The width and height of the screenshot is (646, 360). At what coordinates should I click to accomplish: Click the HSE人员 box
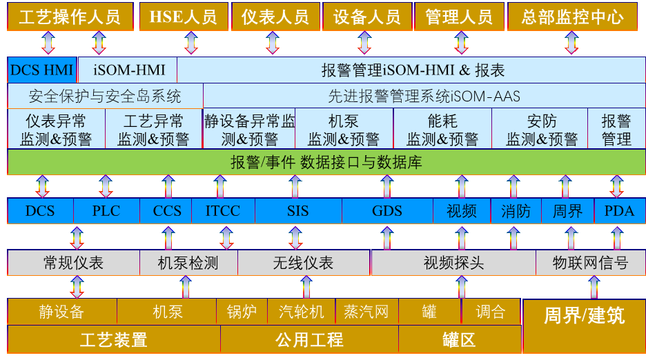click(x=183, y=17)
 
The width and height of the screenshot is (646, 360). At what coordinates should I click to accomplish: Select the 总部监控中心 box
click(x=572, y=17)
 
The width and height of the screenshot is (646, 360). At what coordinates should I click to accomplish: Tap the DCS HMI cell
click(x=41, y=70)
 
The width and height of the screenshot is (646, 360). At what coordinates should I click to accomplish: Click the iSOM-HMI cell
click(x=127, y=70)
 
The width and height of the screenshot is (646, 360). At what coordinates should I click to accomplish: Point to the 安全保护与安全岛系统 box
click(x=105, y=96)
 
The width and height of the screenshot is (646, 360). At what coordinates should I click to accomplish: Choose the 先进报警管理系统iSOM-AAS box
click(x=424, y=96)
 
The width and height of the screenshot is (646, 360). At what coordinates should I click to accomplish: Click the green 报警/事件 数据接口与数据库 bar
click(x=326, y=163)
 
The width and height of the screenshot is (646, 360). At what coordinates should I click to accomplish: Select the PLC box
click(x=106, y=211)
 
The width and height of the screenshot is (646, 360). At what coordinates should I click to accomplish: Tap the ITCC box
click(x=223, y=211)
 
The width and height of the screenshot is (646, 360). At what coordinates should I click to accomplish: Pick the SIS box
click(x=298, y=211)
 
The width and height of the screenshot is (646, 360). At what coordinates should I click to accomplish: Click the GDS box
click(x=387, y=211)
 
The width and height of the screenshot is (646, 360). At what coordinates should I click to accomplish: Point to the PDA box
click(x=619, y=211)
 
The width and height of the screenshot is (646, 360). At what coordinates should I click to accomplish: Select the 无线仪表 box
click(x=304, y=263)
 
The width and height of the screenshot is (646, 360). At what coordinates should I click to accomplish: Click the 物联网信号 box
click(x=591, y=263)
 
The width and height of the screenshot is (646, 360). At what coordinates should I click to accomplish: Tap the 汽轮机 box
click(x=302, y=312)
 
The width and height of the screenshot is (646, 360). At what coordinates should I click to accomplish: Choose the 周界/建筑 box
click(x=584, y=316)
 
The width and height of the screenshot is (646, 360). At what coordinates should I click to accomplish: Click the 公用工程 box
click(x=309, y=339)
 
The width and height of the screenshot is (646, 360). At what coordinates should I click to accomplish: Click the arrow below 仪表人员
click(x=273, y=43)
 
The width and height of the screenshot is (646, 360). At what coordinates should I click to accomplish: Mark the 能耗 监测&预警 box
click(x=442, y=130)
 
